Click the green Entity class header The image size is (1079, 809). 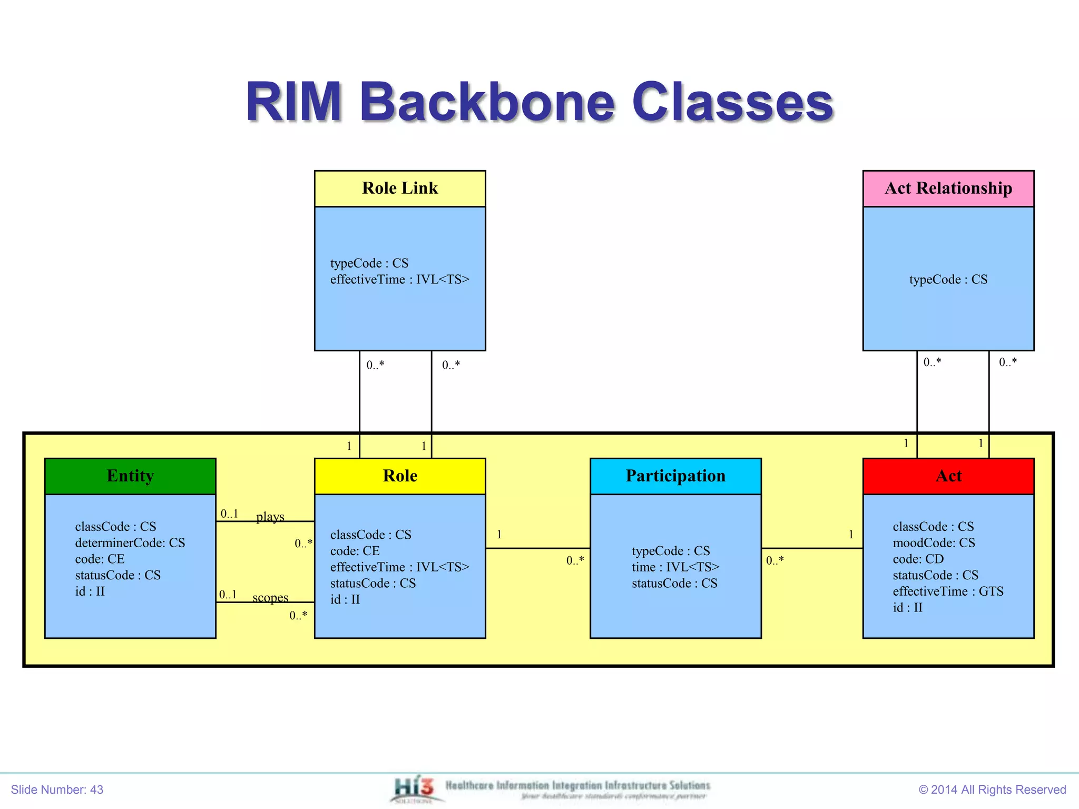(x=130, y=476)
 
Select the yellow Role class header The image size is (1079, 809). (x=400, y=476)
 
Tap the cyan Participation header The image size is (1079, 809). (x=675, y=476)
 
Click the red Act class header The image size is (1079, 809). (x=948, y=476)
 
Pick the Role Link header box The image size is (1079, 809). (x=400, y=188)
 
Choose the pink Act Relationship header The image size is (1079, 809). (x=948, y=188)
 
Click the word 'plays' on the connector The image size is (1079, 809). (x=270, y=516)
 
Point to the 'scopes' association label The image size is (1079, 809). (x=270, y=597)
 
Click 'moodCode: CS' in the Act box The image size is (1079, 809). (x=934, y=542)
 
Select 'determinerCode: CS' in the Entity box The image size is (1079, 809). (x=130, y=542)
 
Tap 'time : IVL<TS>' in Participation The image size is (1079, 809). (x=675, y=567)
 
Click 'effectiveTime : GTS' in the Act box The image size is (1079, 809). (x=948, y=591)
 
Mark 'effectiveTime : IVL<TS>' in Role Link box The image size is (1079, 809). (x=399, y=279)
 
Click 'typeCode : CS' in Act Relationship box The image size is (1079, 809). (x=948, y=279)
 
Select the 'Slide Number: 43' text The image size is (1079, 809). (x=57, y=790)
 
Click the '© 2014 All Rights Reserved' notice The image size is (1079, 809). (x=992, y=790)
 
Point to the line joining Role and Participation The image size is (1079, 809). (x=537, y=548)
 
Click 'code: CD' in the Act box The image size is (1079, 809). (x=918, y=559)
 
